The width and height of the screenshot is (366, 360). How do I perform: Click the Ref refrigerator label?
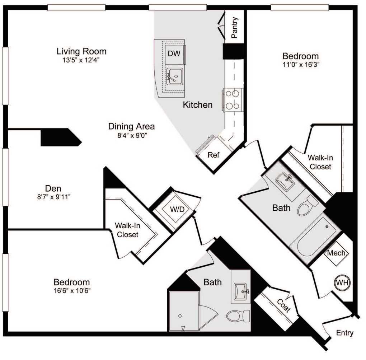[x=213, y=155]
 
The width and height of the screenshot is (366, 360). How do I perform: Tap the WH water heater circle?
[x=342, y=282]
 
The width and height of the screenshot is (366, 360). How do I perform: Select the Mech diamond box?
[x=336, y=253]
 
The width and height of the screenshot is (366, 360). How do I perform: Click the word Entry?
[x=344, y=333]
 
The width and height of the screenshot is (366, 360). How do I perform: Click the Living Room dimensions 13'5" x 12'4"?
[x=81, y=60]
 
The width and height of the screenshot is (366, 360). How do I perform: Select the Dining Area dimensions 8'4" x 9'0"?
[x=131, y=135]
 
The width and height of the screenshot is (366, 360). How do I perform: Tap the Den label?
[x=53, y=188]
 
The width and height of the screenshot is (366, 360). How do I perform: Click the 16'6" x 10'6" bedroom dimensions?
[x=71, y=290]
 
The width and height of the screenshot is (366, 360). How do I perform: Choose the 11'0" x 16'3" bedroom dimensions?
[x=300, y=65]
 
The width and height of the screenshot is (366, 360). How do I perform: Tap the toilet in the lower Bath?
[x=238, y=316]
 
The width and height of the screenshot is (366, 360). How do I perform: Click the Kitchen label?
[x=198, y=105]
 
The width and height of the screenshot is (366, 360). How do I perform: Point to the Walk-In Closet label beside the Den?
[x=126, y=230]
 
